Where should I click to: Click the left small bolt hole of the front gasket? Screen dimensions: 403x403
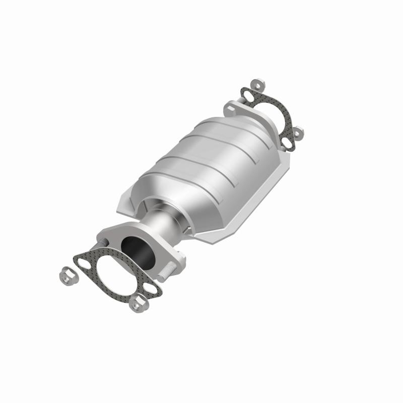pyautogui.click(x=81, y=261)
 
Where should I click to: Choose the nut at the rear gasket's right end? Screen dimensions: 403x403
pyautogui.click(x=298, y=131)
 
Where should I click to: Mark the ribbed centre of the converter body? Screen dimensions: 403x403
pyautogui.click(x=212, y=161)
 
